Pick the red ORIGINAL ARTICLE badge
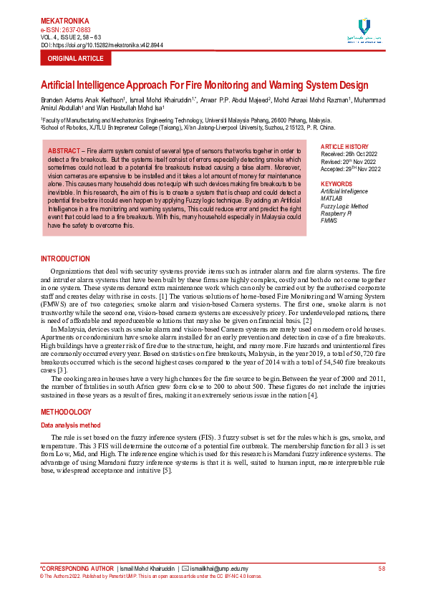coord(76,58)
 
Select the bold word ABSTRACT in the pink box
coord(64,151)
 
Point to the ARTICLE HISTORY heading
coord(345,147)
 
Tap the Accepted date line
coord(351,168)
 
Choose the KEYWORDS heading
coord(337,184)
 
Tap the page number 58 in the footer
coord(382,568)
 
